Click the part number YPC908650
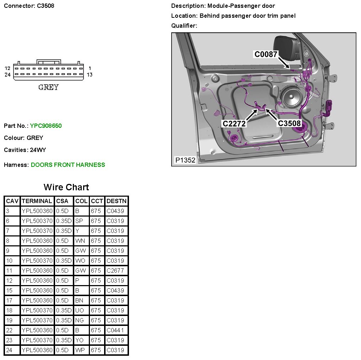click(46, 126)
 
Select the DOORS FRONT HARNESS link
click(68, 165)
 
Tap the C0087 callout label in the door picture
click(266, 54)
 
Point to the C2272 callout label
click(234, 124)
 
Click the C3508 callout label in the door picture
click(289, 123)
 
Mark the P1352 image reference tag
click(185, 160)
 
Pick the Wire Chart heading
click(66, 187)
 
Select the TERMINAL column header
click(37, 201)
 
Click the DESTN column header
click(117, 201)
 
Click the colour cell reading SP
click(79, 221)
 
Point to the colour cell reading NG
click(80, 320)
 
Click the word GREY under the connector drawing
click(48, 87)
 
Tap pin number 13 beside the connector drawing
click(90, 75)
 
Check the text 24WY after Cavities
click(38, 150)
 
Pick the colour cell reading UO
click(80, 310)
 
